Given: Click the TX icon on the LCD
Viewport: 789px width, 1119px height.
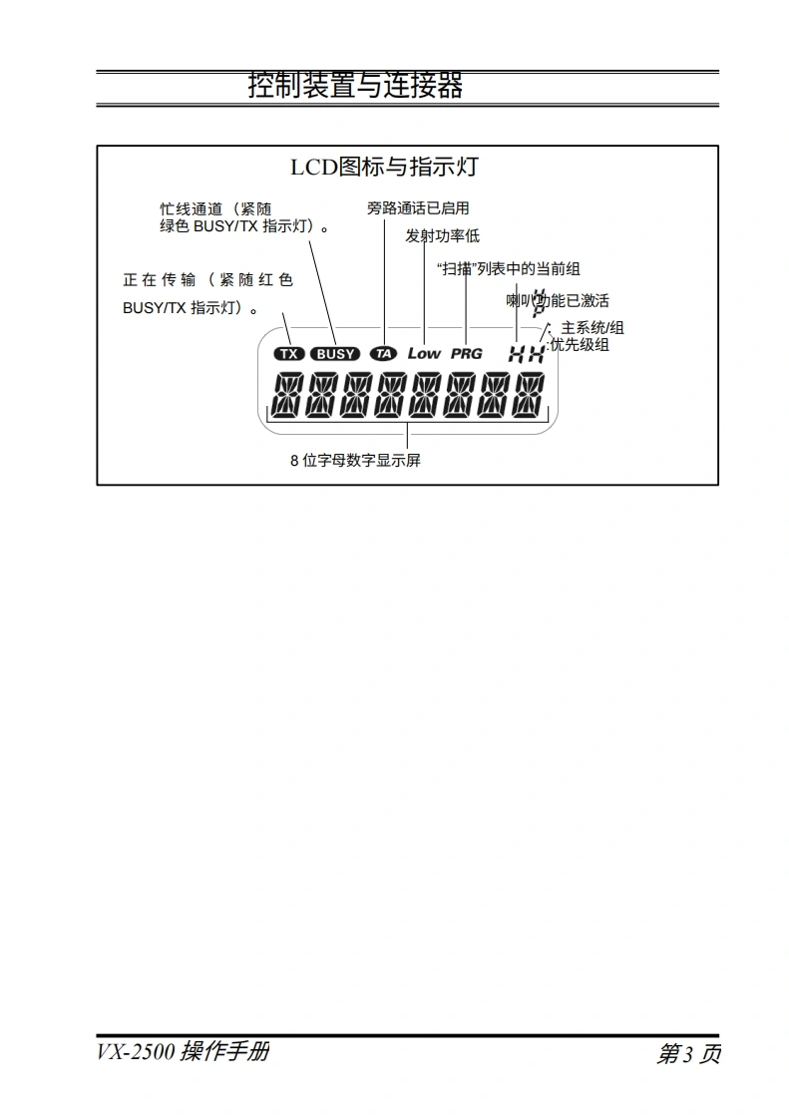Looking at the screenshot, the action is [x=289, y=353].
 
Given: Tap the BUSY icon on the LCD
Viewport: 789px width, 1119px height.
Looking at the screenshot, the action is [x=335, y=353].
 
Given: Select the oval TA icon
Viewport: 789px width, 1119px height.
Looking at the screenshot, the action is [x=383, y=353].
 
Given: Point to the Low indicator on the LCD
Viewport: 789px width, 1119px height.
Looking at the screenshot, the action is [x=424, y=353].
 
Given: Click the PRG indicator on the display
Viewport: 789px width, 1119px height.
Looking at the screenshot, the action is [x=466, y=353].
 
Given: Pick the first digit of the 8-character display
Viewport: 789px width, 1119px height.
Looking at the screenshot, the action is [x=285, y=395].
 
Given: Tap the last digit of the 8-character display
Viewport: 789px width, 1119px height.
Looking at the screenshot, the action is [x=529, y=395].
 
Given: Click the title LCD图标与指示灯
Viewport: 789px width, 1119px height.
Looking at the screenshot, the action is [x=384, y=167].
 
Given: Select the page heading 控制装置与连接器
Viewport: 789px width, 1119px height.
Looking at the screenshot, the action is [x=355, y=86].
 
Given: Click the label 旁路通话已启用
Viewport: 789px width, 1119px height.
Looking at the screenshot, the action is [x=418, y=208].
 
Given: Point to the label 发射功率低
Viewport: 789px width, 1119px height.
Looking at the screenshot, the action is [x=442, y=236].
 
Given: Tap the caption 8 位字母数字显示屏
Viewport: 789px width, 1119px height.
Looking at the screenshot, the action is [x=355, y=461].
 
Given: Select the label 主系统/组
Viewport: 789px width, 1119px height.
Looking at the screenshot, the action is [x=592, y=328].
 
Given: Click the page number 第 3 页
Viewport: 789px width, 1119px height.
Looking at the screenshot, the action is [x=688, y=1054].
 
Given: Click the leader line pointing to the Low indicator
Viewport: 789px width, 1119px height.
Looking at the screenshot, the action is [x=425, y=294].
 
